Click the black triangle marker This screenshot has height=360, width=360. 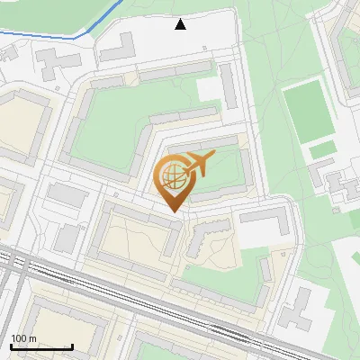tap(181, 24)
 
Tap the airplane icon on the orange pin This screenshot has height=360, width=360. tap(197, 165)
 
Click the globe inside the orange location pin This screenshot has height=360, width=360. tap(171, 176)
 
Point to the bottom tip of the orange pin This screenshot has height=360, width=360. tap(174, 211)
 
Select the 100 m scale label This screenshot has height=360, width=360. tap(24, 338)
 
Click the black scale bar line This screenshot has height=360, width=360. tap(41, 347)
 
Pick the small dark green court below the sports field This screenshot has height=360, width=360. tap(321, 147)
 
